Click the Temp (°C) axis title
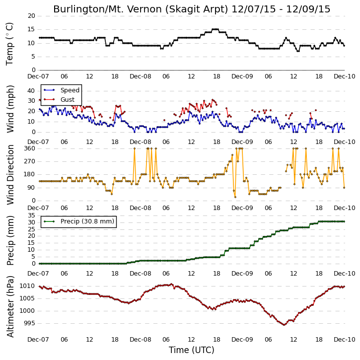pyautogui.click(x=9, y=44)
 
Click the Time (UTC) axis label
pyautogui.click(x=192, y=350)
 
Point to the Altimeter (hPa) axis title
pyautogui.click(x=10, y=306)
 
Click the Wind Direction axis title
pyautogui.click(x=10, y=175)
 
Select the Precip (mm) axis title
pyautogui.click(x=10, y=241)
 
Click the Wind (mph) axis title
pyautogui.click(x=10, y=109)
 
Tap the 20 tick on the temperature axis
pyautogui.click(x=31, y=16)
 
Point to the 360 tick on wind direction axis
pyautogui.click(x=30, y=148)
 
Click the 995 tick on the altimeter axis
pyautogui.click(x=30, y=323)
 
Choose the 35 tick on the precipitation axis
pyautogui.click(x=31, y=216)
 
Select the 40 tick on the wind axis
pyautogui.click(x=31, y=91)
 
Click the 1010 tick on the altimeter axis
pyautogui.click(x=27, y=286)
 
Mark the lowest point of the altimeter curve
pyautogui.click(x=284, y=325)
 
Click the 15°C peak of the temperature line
pyautogui.click(x=215, y=29)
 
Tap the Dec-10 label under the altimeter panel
pyautogui.click(x=345, y=339)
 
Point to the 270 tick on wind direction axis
pyautogui.click(x=30, y=161)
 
